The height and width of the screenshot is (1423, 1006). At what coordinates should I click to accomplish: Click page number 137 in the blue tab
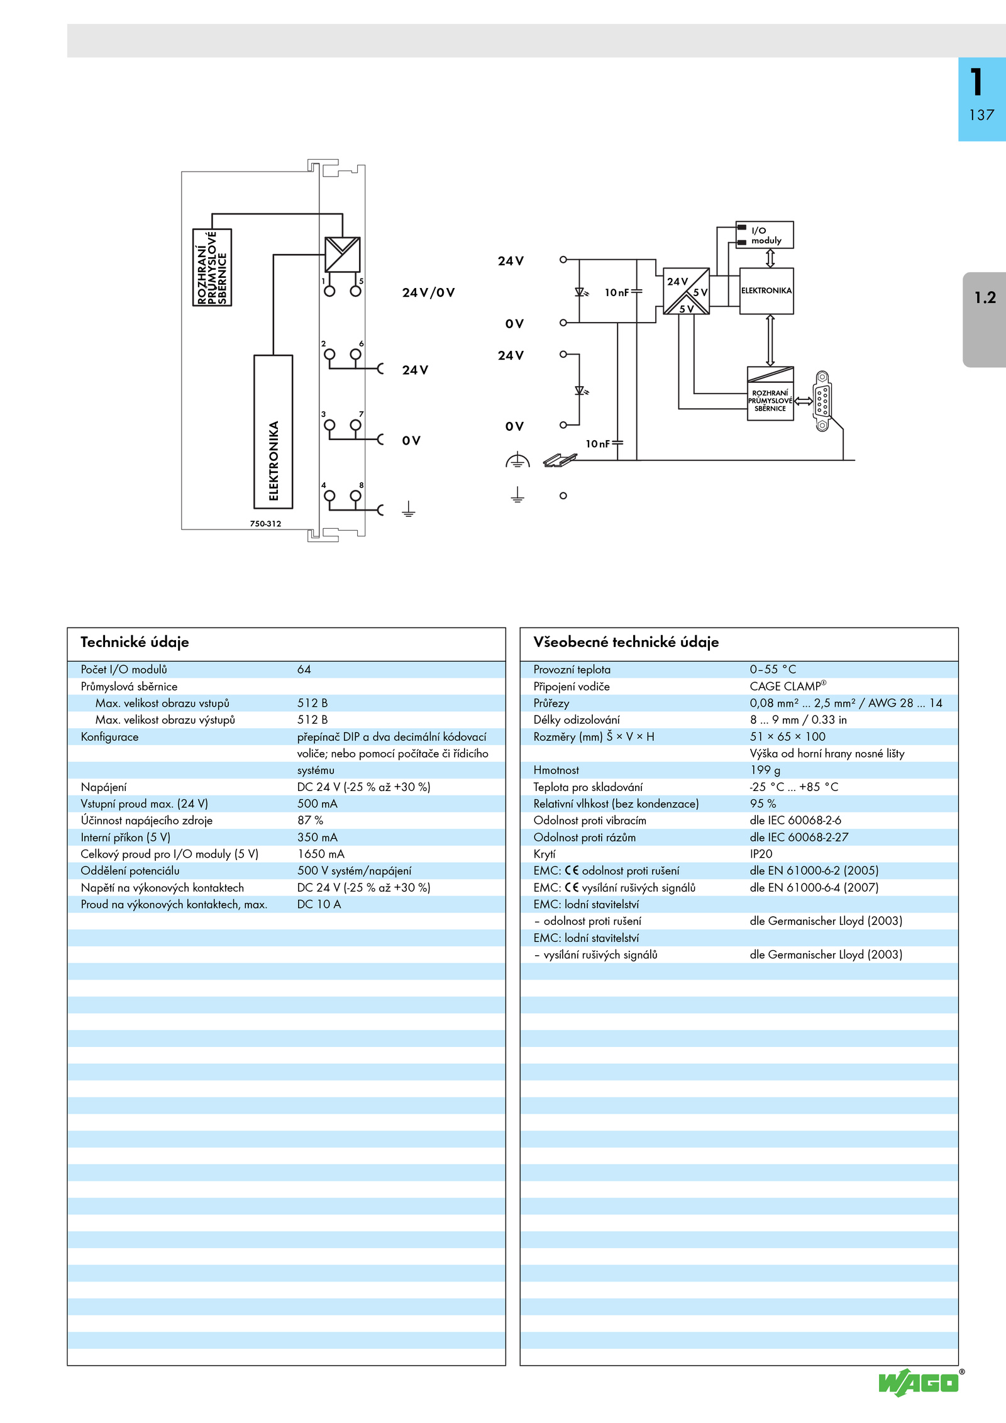click(981, 115)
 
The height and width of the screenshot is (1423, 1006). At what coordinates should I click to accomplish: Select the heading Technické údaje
click(135, 642)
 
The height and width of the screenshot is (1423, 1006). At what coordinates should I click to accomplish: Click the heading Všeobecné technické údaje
click(626, 642)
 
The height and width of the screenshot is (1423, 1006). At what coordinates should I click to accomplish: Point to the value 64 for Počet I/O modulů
click(304, 670)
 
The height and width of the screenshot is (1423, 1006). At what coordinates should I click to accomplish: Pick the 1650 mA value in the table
click(321, 854)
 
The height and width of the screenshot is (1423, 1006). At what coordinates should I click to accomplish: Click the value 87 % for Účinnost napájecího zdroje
click(310, 821)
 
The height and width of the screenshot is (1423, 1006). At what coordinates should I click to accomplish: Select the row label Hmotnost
click(556, 770)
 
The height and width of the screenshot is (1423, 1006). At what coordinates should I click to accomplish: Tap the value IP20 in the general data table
click(761, 854)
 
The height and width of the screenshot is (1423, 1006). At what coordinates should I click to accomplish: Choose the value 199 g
click(765, 770)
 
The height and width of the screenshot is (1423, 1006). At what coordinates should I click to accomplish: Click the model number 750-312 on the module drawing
click(265, 524)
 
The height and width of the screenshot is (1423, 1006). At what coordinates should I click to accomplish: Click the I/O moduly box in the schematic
click(765, 235)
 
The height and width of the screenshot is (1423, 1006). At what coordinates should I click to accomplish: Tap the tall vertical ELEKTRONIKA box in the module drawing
click(274, 431)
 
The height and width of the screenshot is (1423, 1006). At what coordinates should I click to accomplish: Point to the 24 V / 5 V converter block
click(686, 291)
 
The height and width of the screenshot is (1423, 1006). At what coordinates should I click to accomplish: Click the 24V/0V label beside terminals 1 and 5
click(428, 292)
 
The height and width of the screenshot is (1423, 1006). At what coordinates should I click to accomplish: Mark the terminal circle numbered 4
click(329, 496)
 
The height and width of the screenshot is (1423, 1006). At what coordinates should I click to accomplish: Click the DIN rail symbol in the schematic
click(560, 460)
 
